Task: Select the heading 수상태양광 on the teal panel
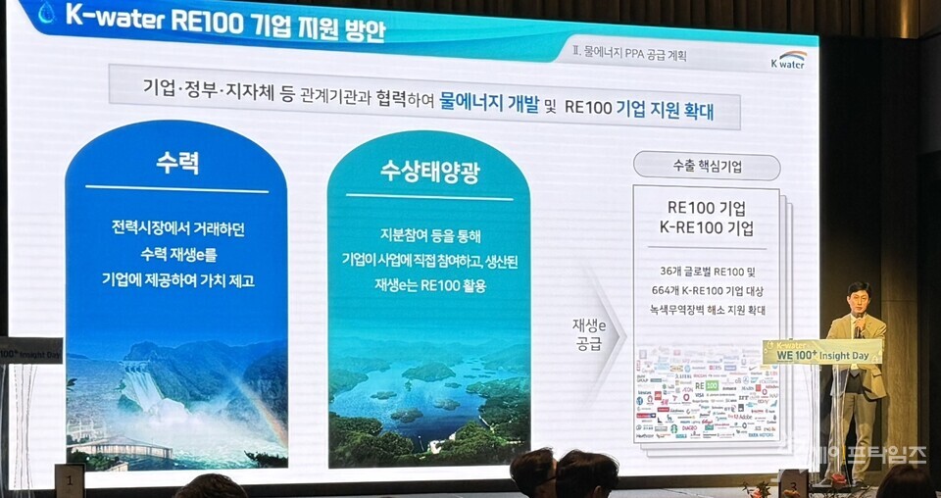[428, 173]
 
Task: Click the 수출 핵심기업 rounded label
[706, 167]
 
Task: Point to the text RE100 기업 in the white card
[706, 208]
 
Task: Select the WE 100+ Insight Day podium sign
[821, 351]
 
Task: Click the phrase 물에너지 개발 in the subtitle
[489, 106]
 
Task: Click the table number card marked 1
[69, 480]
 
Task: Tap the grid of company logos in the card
[706, 392]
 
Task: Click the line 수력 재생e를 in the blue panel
[176, 254]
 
